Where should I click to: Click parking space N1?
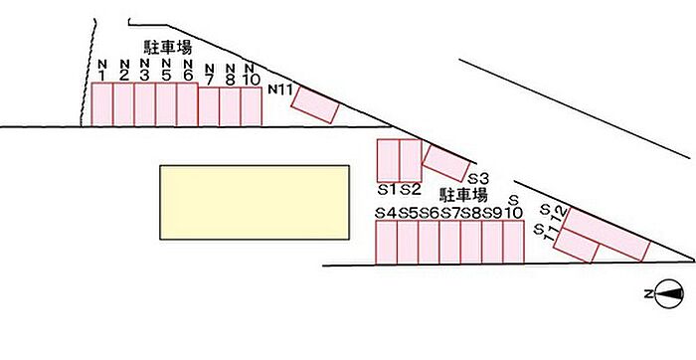point(101,104)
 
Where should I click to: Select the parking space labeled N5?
point(166,104)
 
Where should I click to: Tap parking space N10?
point(252,106)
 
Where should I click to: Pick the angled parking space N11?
point(315,104)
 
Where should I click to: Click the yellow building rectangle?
point(255,203)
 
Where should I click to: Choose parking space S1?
point(388,160)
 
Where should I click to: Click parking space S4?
point(386,243)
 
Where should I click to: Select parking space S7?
point(449,243)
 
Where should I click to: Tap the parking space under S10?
point(514,243)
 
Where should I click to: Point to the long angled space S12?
point(607,234)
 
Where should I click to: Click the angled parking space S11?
point(576,245)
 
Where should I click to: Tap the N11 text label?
point(280,90)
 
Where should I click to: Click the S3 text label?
point(479,179)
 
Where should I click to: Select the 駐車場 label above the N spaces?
point(168,47)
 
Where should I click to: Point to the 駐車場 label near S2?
point(463,195)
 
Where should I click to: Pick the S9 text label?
point(492,213)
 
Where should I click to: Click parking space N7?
point(209,106)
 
